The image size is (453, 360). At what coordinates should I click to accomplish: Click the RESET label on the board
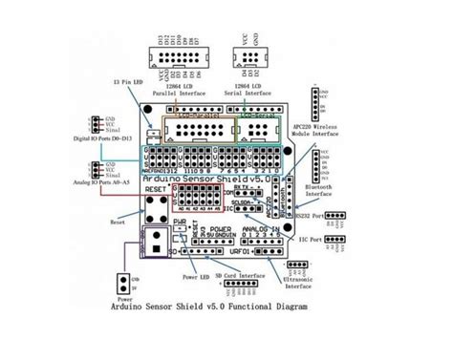coord(154,190)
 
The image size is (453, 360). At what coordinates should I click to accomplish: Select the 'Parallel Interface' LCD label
coord(187,92)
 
